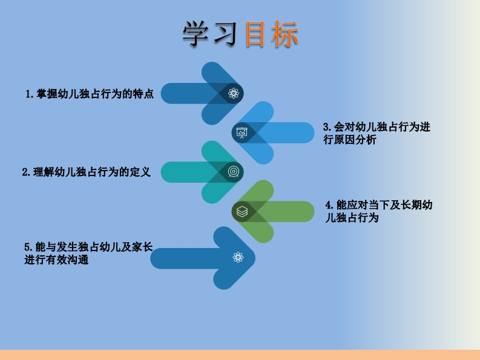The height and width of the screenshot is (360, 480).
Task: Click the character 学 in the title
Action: (x=197, y=35)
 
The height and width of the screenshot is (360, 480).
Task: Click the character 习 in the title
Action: (x=225, y=35)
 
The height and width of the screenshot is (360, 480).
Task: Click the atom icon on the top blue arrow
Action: (x=234, y=93)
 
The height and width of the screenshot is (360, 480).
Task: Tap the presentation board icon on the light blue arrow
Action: (x=242, y=133)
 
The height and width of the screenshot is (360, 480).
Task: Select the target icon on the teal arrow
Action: (x=234, y=172)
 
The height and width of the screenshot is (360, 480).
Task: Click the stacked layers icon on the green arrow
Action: (x=242, y=211)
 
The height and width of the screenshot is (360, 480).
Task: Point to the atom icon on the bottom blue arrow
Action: (x=238, y=258)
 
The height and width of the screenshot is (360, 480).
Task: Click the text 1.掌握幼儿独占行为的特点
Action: (x=90, y=94)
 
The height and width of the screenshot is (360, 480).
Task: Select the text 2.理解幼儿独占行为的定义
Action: (x=87, y=172)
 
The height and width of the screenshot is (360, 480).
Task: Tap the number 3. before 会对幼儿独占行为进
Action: (x=327, y=127)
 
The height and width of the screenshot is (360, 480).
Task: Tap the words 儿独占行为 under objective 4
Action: (x=352, y=218)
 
